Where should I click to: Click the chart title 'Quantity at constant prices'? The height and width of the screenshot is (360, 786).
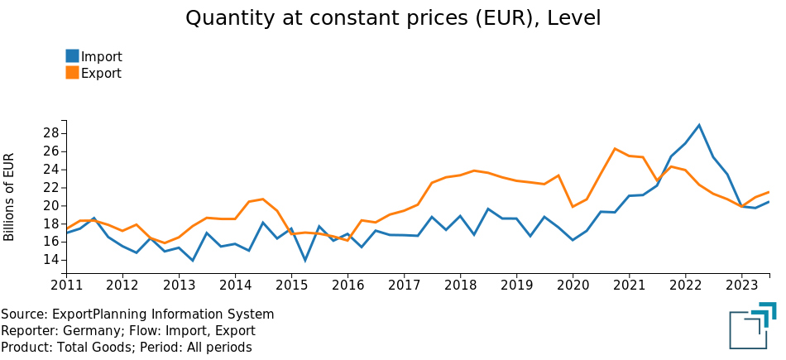tap(393, 18)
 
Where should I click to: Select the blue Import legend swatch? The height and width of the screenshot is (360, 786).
tap(73, 56)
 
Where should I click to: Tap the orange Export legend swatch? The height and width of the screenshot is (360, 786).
tap(73, 73)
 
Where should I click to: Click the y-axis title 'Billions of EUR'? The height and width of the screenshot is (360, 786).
tap(10, 197)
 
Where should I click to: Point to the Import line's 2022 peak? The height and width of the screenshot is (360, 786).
tap(699, 125)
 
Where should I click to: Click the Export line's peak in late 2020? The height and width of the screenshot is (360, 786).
tap(615, 149)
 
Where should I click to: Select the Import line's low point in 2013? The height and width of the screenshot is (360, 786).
tap(193, 261)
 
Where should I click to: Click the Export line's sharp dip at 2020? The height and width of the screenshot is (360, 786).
tap(573, 207)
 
